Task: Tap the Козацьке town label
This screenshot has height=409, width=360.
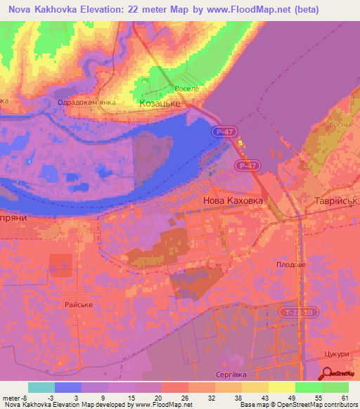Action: point(160,103)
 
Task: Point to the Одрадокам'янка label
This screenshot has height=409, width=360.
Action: point(86,102)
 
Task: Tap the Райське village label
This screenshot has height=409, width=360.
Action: point(79,304)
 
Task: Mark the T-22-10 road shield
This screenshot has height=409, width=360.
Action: point(295,311)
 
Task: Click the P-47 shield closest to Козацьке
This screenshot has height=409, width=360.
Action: point(222,131)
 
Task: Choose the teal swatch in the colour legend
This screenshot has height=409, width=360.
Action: point(41,387)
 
